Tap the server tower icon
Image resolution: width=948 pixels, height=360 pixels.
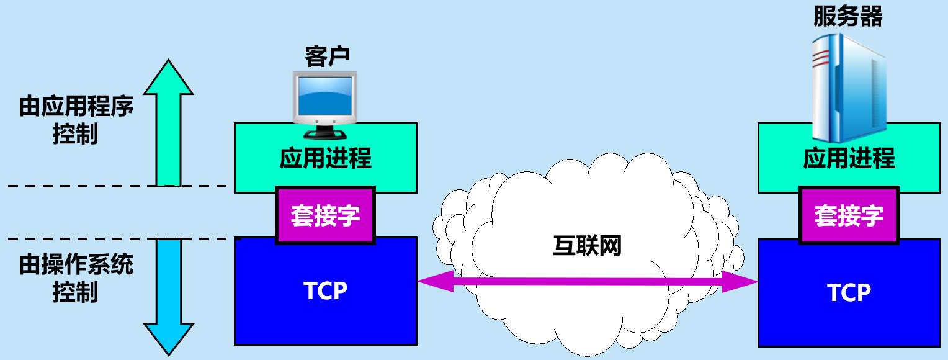[848, 87]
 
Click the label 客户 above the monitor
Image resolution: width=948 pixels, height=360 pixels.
[327, 56]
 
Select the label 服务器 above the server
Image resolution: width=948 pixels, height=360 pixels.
[847, 17]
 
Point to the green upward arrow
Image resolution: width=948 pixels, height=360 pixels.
[168, 121]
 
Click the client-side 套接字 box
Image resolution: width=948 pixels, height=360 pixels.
[325, 215]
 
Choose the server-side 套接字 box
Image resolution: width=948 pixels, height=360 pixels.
[849, 215]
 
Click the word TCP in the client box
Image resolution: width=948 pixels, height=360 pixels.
[325, 290]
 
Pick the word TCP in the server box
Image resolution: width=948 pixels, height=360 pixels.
[849, 292]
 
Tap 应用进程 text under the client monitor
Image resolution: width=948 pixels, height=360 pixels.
[325, 159]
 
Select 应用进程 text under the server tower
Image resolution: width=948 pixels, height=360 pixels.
[849, 159]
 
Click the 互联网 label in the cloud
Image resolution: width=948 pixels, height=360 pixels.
[586, 246]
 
